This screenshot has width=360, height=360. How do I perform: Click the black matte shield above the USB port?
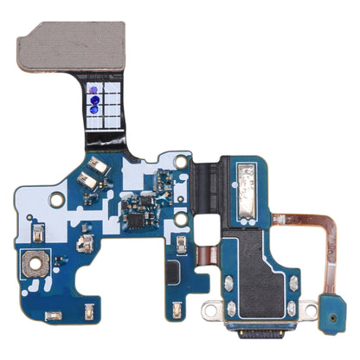click(254, 259)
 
